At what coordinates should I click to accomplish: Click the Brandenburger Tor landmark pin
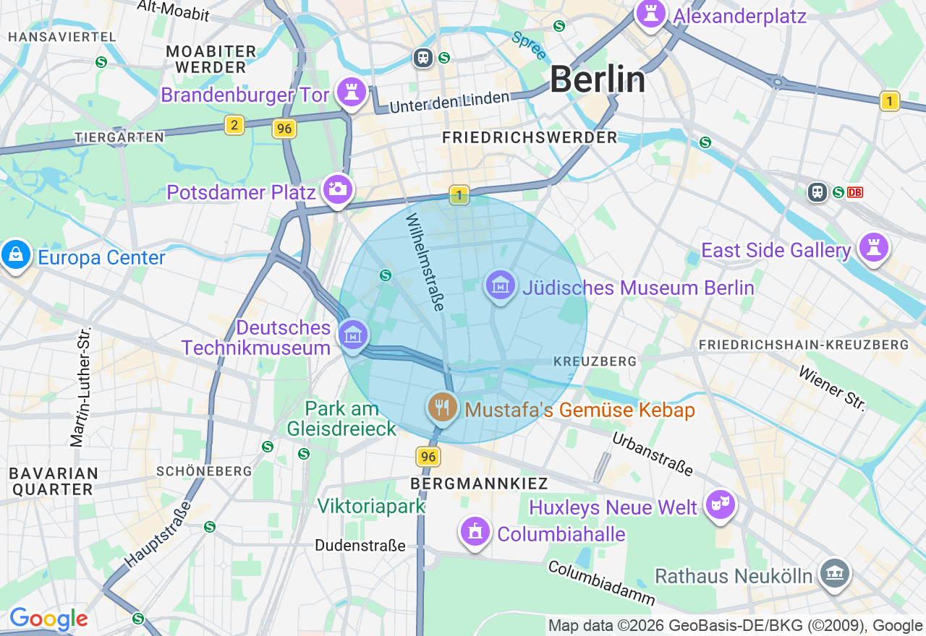(352, 93)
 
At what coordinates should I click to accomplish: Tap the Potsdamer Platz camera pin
(337, 189)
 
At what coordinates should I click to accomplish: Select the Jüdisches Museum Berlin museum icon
(500, 286)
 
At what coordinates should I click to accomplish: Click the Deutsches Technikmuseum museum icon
(353, 335)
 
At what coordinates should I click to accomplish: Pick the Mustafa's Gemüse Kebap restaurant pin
(442, 408)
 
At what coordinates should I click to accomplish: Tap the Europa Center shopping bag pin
(15, 254)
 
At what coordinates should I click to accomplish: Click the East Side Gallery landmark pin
(873, 248)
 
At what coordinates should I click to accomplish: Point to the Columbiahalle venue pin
(475, 533)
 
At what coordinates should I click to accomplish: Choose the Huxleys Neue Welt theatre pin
(721, 505)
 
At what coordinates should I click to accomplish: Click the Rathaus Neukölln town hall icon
(834, 574)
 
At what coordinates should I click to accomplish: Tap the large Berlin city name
(598, 79)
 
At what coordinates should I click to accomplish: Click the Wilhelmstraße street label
(425, 262)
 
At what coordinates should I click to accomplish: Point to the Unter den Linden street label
(449, 102)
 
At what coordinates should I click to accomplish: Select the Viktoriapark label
(372, 506)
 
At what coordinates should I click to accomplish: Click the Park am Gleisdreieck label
(341, 418)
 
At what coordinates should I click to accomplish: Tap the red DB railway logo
(855, 192)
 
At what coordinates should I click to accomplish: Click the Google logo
(48, 619)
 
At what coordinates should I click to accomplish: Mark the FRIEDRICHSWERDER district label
(530, 137)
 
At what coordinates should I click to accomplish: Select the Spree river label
(529, 46)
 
